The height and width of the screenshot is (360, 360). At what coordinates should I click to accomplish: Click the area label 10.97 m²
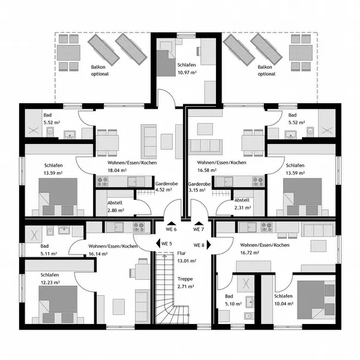(x=187, y=73)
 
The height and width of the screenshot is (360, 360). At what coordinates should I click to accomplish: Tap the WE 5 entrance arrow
(x=158, y=244)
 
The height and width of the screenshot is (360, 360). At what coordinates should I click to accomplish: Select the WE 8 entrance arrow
(x=209, y=245)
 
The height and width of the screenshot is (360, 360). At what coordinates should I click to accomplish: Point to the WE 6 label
(x=171, y=229)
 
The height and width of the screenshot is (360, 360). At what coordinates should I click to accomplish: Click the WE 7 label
(x=199, y=229)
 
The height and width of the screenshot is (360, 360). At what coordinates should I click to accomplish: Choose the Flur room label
(x=181, y=253)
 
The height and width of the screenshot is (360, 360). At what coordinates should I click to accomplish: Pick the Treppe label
(x=185, y=279)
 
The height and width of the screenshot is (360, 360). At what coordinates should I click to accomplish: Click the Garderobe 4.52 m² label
(x=166, y=187)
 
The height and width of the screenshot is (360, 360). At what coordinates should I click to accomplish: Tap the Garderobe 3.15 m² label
(x=199, y=187)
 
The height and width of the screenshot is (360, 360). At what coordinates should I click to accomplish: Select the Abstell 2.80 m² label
(x=116, y=206)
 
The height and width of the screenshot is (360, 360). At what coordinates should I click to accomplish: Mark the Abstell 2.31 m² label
(x=242, y=204)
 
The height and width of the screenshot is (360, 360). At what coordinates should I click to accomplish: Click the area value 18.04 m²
(x=117, y=170)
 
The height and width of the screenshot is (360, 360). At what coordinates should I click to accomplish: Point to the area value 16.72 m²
(x=250, y=253)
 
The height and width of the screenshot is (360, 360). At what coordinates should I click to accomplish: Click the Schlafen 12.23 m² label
(x=50, y=278)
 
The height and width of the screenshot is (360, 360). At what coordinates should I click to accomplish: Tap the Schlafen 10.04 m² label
(x=284, y=300)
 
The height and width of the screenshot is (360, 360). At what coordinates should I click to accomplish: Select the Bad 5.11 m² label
(x=49, y=250)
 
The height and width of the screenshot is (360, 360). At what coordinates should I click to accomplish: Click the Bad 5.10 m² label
(x=233, y=300)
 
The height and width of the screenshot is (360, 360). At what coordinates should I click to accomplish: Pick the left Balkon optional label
(x=100, y=70)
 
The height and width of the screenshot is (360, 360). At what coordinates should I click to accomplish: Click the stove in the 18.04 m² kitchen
(x=103, y=182)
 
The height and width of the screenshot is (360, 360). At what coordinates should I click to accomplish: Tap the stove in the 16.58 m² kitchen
(x=258, y=182)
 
